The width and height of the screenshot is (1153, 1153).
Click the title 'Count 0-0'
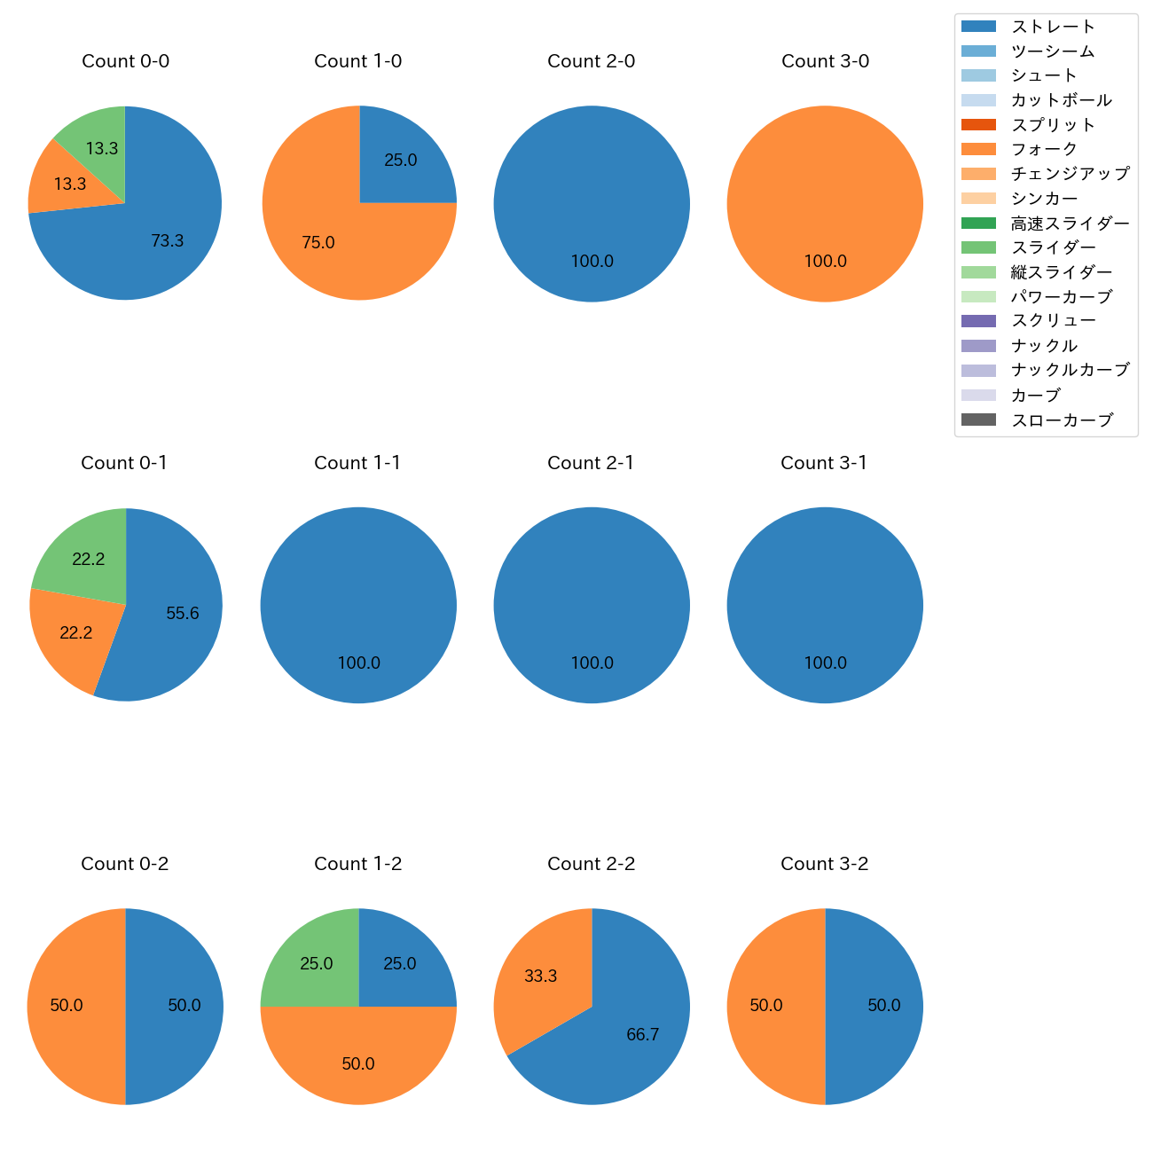coord(125,61)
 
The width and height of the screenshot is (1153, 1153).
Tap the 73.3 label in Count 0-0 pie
coord(167,240)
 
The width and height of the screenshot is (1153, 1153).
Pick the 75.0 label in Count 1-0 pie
coord(318,242)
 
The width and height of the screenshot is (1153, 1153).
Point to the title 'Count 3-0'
coord(825,61)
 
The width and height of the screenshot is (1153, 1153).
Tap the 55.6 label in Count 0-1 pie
coord(183,613)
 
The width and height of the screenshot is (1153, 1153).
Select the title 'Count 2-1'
coord(591,463)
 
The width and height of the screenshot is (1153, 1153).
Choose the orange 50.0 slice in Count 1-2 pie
coord(358,1063)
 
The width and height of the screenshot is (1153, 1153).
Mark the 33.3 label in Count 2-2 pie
coord(540,976)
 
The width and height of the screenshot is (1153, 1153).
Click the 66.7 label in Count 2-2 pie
coord(642,1034)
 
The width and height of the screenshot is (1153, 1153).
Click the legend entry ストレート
coord(1053,27)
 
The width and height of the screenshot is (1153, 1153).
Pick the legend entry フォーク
coord(1044,149)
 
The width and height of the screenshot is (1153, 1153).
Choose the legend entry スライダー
coord(1053,247)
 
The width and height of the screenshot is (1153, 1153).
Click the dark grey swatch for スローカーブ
coord(978,420)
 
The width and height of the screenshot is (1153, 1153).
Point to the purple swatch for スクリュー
coord(978,321)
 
